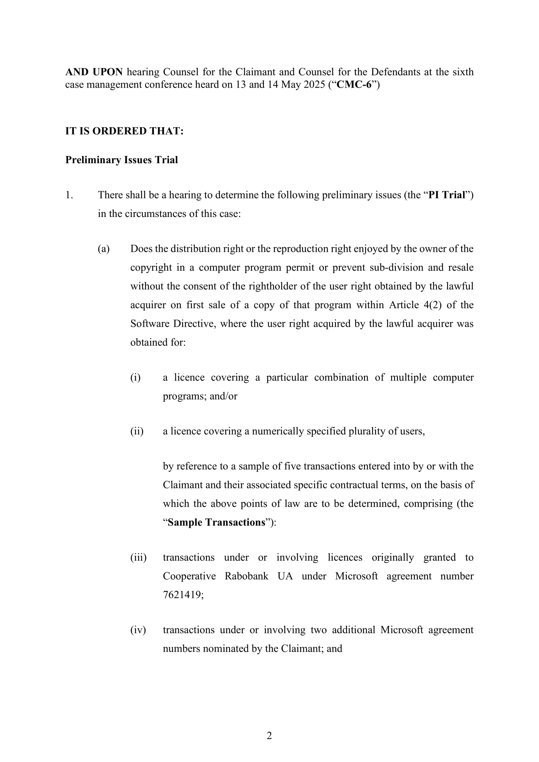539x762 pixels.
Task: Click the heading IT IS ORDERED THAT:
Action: click(x=124, y=131)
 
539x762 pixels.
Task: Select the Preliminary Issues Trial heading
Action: click(x=122, y=160)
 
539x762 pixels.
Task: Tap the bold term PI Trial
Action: click(x=447, y=195)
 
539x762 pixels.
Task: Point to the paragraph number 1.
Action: click(x=69, y=195)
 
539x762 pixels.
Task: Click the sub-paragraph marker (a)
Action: click(x=104, y=249)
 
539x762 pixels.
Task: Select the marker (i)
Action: click(x=136, y=377)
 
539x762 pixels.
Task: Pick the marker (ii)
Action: click(x=137, y=431)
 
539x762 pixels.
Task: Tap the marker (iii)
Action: click(x=138, y=557)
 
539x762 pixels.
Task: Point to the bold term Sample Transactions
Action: click(x=216, y=522)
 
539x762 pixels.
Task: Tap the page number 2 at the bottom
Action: click(x=269, y=736)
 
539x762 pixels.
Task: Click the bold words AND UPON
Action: click(x=94, y=72)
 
